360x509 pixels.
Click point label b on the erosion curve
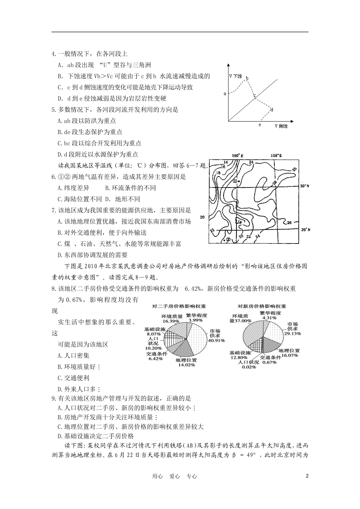[247, 78]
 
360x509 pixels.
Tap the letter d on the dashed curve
[272, 109]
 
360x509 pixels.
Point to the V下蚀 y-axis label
[235, 76]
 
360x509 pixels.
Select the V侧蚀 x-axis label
[281, 126]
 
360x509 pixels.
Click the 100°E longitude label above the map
[236, 155]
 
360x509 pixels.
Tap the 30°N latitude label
[305, 186]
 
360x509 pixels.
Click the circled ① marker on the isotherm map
[235, 181]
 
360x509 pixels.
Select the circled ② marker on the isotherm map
[228, 239]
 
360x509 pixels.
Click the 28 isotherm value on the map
[274, 183]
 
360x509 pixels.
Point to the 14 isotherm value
[224, 162]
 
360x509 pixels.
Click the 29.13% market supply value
[293, 334]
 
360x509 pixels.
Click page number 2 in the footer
[307, 476]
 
